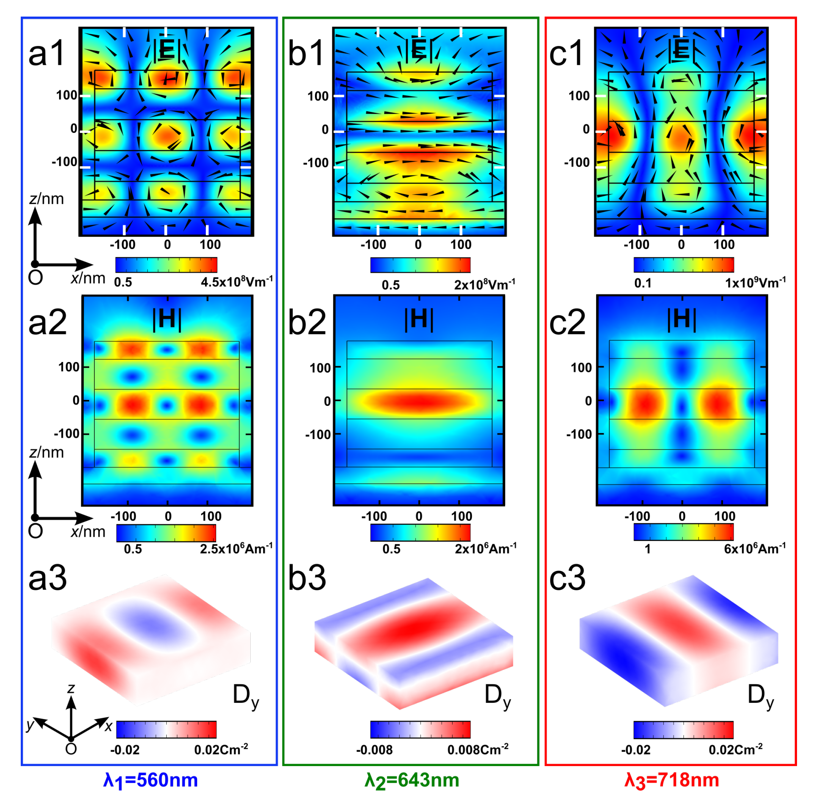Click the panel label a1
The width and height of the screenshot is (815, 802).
tap(46, 54)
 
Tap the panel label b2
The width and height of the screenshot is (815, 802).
tap(306, 322)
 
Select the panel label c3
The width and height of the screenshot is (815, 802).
tap(567, 578)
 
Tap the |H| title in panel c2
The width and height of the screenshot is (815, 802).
tap(681, 319)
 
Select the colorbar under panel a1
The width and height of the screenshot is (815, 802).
tap(166, 265)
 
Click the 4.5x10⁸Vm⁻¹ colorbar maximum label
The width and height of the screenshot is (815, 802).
tap(237, 282)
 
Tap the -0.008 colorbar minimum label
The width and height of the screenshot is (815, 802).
tap(374, 750)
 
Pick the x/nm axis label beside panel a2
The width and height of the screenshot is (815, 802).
tap(88, 531)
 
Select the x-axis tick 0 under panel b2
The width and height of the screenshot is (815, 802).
tap(419, 516)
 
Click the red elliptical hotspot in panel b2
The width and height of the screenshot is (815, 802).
tap(419, 401)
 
